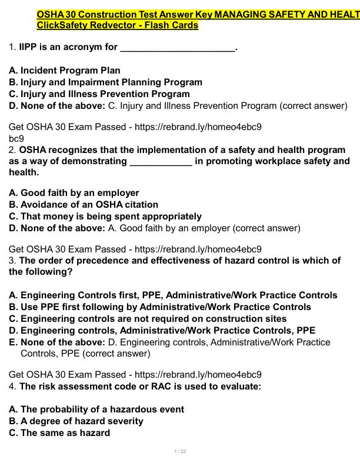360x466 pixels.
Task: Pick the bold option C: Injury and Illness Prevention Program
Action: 99,94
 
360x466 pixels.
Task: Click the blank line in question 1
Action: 177,49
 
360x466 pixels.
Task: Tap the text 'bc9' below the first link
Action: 16,138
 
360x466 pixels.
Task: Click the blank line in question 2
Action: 160,162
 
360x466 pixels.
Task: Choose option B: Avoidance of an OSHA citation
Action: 84,205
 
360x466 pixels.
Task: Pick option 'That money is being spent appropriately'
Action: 105,217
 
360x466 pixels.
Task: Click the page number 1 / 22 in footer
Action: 180,451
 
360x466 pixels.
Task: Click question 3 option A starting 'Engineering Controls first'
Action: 174,295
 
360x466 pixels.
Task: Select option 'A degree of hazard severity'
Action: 76,421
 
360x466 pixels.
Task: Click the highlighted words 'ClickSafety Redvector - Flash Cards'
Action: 117,25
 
